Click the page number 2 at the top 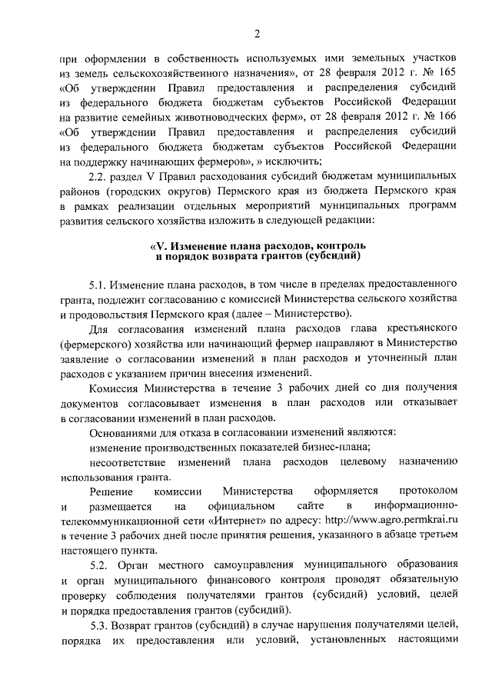[257, 32]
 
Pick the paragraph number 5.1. [100, 285]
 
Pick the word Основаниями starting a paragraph [123, 432]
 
